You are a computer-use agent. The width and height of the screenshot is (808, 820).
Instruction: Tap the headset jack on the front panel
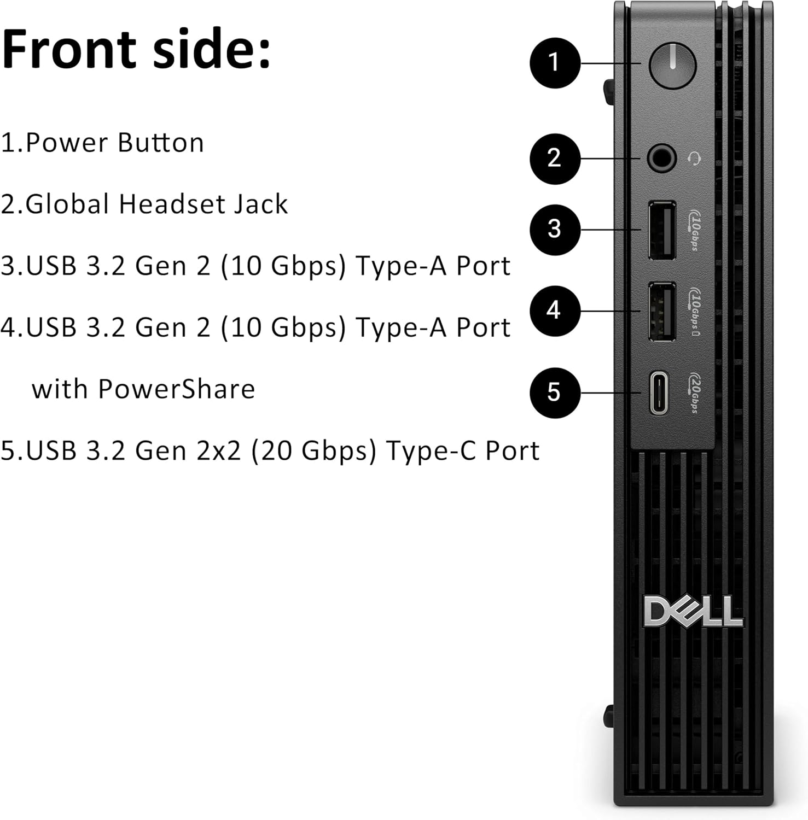pyautogui.click(x=661, y=159)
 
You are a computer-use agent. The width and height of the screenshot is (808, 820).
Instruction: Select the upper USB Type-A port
pyautogui.click(x=661, y=230)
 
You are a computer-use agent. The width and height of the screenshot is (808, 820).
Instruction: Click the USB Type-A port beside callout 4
pyautogui.click(x=661, y=311)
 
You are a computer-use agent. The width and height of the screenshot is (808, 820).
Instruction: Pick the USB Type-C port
pyautogui.click(x=659, y=393)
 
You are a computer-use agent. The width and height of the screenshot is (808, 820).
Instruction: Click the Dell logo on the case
pyautogui.click(x=693, y=611)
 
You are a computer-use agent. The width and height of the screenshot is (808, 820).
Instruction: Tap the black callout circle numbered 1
pyautogui.click(x=554, y=62)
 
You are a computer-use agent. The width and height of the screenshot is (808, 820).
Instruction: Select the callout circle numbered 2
pyautogui.click(x=554, y=159)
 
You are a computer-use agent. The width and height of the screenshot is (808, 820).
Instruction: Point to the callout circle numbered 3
pyautogui.click(x=554, y=229)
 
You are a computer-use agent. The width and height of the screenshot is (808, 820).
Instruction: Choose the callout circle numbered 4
pyautogui.click(x=554, y=311)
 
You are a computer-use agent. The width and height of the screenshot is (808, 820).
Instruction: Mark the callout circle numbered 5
pyautogui.click(x=554, y=393)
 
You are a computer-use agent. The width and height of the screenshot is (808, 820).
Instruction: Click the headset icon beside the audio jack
pyautogui.click(x=694, y=159)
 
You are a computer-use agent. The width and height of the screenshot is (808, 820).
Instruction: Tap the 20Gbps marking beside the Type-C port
pyautogui.click(x=694, y=393)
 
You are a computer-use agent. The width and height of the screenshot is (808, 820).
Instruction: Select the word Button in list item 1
pyautogui.click(x=160, y=143)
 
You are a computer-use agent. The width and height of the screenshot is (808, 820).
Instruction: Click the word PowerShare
pyautogui.click(x=176, y=389)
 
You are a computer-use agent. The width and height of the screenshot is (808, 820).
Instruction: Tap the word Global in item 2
pyautogui.click(x=67, y=204)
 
